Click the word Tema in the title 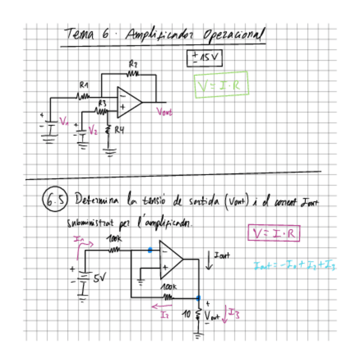79,33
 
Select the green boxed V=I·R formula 221,85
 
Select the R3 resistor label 102,103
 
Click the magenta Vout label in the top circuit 164,112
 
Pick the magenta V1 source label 64,121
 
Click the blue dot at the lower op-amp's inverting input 149,250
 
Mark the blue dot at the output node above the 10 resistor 198,297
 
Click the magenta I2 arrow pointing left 159,306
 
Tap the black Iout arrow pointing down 209,260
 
